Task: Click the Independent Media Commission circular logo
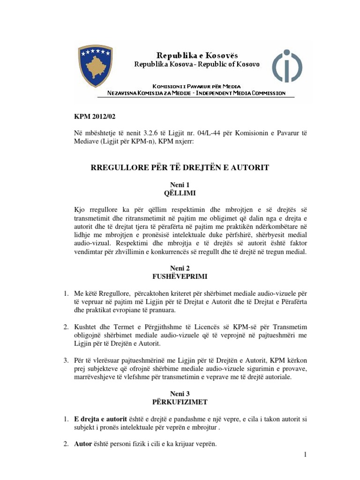287,66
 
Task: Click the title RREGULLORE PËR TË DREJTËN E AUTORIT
180,167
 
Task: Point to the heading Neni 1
180,185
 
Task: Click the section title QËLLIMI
180,193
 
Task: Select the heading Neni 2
180,268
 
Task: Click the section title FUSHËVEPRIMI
180,276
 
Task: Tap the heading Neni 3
180,394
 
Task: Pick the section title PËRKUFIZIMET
180,402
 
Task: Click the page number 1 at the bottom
305,454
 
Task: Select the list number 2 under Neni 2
66,326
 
